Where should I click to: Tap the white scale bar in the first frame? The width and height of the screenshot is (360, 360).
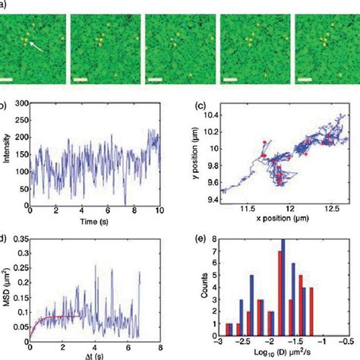pyautogui.click(x=8, y=79)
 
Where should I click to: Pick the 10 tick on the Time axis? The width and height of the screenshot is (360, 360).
pyautogui.click(x=159, y=210)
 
